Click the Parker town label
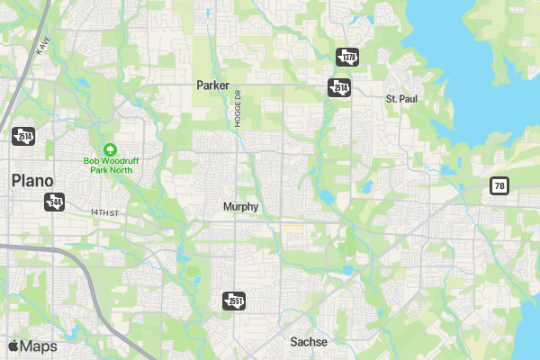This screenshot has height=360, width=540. [x=213, y=85]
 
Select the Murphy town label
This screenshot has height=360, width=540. [x=240, y=207]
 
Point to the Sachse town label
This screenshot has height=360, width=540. [x=309, y=342]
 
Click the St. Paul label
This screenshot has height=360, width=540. [x=401, y=97]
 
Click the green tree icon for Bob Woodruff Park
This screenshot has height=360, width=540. [x=110, y=148]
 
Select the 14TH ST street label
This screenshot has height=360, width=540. [x=104, y=212]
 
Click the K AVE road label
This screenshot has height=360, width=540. [x=41, y=48]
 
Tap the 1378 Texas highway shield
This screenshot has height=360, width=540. [x=348, y=57]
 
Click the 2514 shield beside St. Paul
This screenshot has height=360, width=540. [x=338, y=87]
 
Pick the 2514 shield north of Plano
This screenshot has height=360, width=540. [x=22, y=136]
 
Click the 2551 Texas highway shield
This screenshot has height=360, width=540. [x=234, y=300]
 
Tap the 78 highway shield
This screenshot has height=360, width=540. [x=499, y=186]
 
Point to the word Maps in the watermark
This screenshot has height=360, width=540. [x=39, y=346]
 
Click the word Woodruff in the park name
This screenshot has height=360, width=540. [x=119, y=161]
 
